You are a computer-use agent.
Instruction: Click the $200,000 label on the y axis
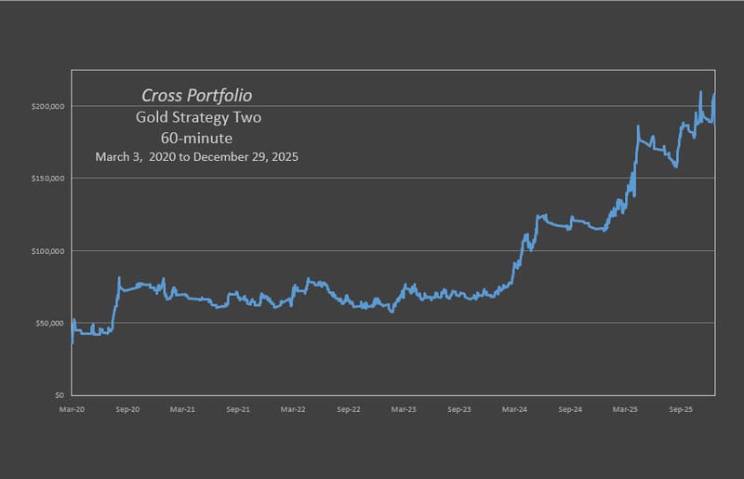tap(46, 106)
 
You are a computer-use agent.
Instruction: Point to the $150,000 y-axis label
tap(46, 179)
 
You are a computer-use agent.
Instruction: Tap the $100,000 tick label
tap(46, 251)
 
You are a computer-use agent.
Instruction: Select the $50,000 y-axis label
tap(47, 324)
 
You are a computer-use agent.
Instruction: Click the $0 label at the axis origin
tap(58, 395)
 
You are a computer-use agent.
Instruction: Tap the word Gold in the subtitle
tap(152, 118)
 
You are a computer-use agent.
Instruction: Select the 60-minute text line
tap(196, 138)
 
